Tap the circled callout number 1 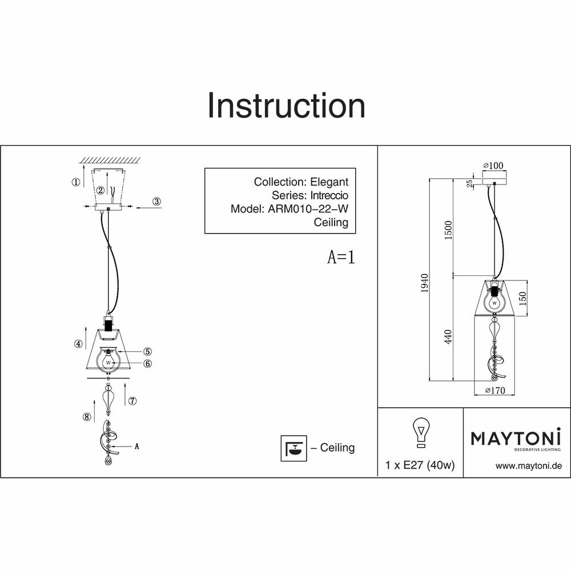pos(76,183)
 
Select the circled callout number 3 pos(157,201)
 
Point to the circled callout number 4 pos(77,344)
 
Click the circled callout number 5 pos(147,352)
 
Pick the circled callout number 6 pos(147,363)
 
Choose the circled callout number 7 pos(132,401)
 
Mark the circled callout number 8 pos(87,417)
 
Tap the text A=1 pos(341,258)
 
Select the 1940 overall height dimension pos(424,283)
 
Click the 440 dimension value pos(449,337)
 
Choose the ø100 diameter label pos(494,166)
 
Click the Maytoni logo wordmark pos(516,439)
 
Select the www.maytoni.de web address pos(529,466)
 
